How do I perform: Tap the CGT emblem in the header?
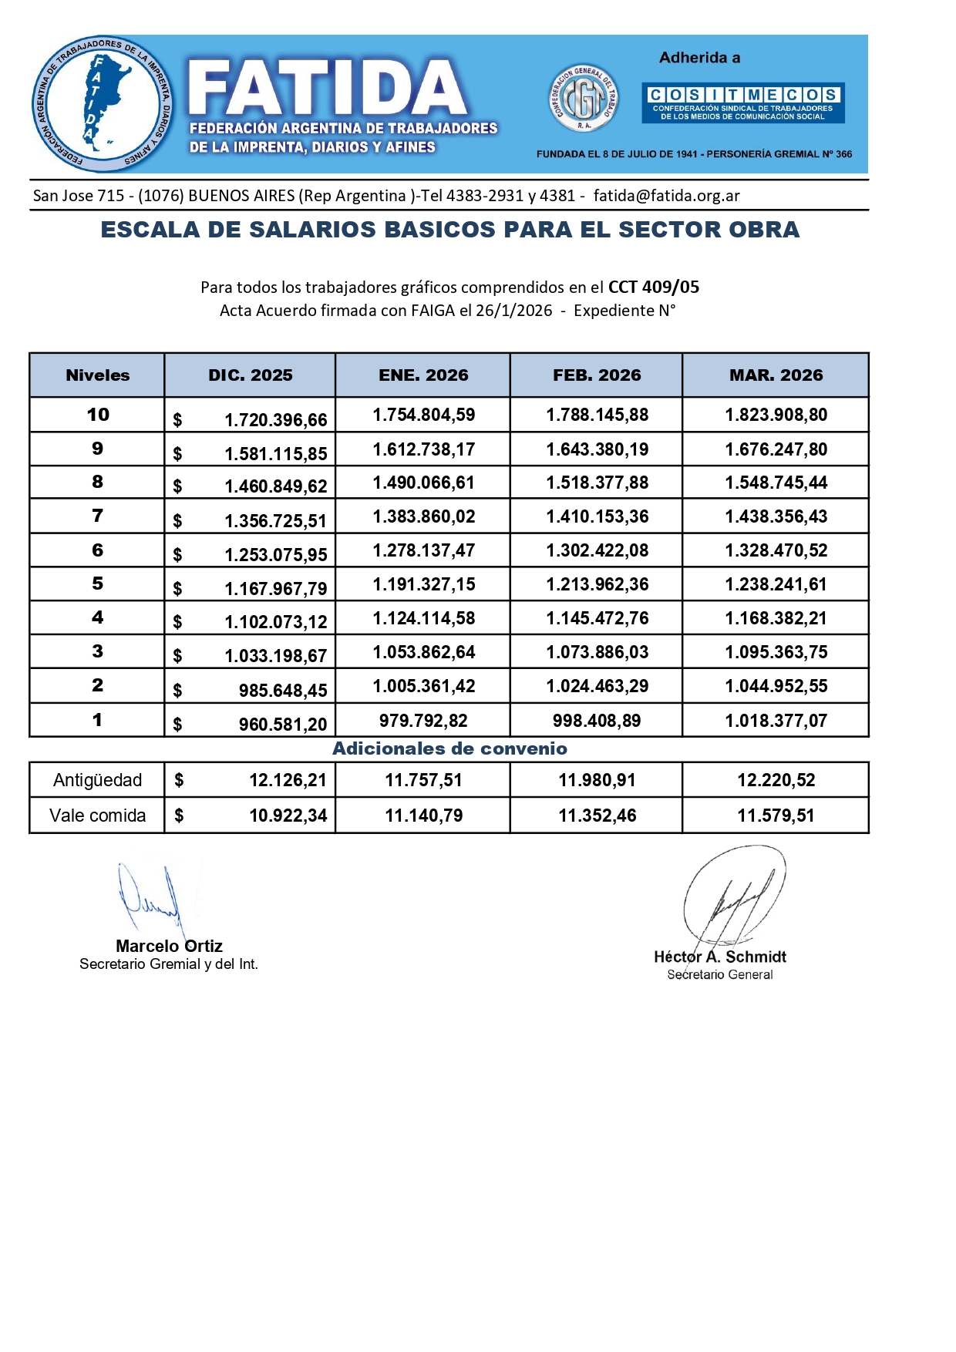[x=584, y=98]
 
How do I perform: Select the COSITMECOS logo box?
[x=743, y=103]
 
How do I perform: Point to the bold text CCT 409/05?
[x=653, y=288]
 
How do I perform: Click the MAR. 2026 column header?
[x=776, y=375]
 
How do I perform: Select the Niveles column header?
[x=97, y=375]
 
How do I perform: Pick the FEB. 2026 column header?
[x=597, y=375]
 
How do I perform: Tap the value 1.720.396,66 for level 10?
[x=275, y=420]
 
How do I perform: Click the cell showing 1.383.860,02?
[x=424, y=516]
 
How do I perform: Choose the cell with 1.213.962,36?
[x=597, y=584]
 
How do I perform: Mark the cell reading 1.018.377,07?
[x=776, y=721]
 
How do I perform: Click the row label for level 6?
[x=97, y=550]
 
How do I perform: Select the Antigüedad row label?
[x=97, y=780]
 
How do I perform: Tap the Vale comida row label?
[x=97, y=816]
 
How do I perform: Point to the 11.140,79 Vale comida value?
[x=424, y=816]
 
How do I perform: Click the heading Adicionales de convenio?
[x=449, y=748]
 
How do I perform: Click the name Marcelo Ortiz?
[x=169, y=946]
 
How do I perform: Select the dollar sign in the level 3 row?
[x=178, y=656]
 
